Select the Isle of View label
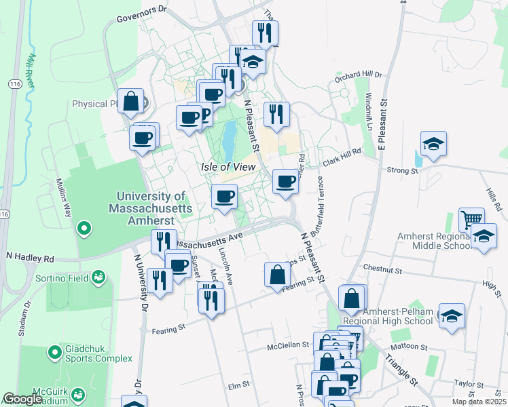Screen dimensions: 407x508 click(x=228, y=167)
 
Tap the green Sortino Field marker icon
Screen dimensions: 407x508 click(x=99, y=277)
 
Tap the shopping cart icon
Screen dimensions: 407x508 click(x=471, y=219)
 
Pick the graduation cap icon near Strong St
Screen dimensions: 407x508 click(x=433, y=144)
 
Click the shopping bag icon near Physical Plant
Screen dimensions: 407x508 click(x=130, y=102)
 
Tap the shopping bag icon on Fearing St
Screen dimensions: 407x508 click(x=277, y=275)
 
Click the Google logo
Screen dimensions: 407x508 click(x=22, y=399)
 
